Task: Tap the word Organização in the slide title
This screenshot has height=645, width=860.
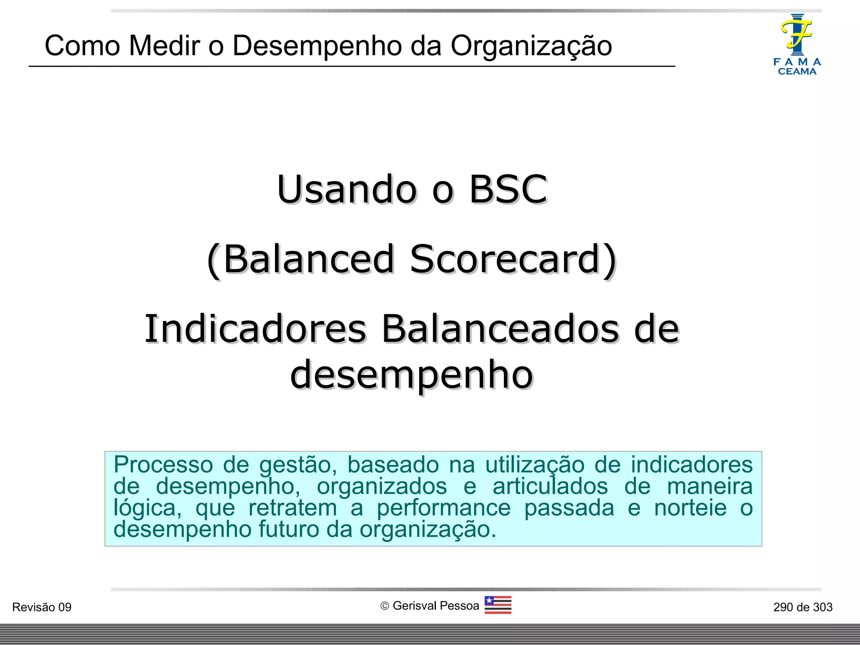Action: [531, 46]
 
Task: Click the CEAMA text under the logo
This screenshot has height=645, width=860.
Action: [797, 71]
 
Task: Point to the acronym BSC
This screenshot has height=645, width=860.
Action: [508, 189]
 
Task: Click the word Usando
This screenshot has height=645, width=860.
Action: [347, 189]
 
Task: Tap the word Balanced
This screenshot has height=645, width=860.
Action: [309, 259]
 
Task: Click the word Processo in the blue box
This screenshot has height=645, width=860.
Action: [163, 465]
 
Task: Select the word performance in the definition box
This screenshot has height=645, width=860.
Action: [443, 508]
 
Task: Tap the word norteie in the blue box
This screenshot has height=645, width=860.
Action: [690, 508]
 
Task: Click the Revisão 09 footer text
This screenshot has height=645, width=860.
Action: [42, 607]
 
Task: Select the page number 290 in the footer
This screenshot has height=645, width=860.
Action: [783, 607]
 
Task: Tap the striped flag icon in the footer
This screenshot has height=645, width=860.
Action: [498, 605]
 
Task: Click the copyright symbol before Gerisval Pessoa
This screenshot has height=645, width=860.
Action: [385, 606]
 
